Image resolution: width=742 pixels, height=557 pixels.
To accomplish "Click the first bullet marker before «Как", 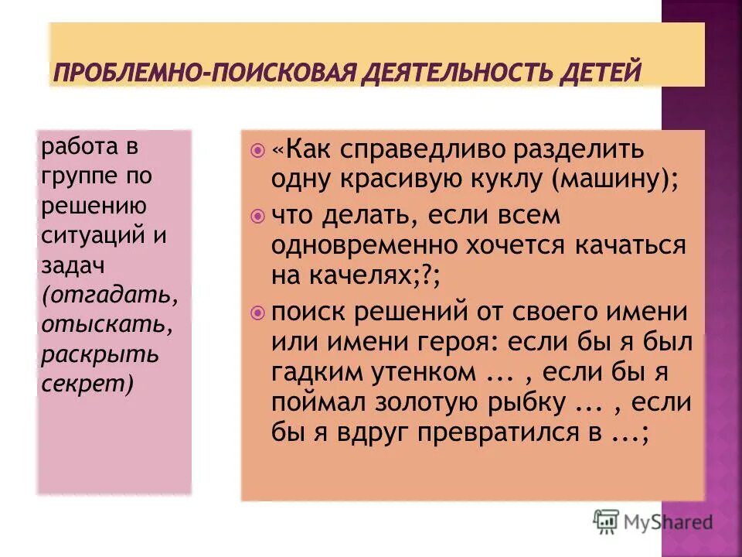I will [258, 148].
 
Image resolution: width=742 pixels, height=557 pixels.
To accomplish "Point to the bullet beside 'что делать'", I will [258, 215].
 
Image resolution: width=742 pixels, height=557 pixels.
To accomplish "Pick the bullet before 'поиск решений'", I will [258, 312].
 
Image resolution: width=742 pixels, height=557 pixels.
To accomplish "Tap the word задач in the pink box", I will [64, 266].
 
